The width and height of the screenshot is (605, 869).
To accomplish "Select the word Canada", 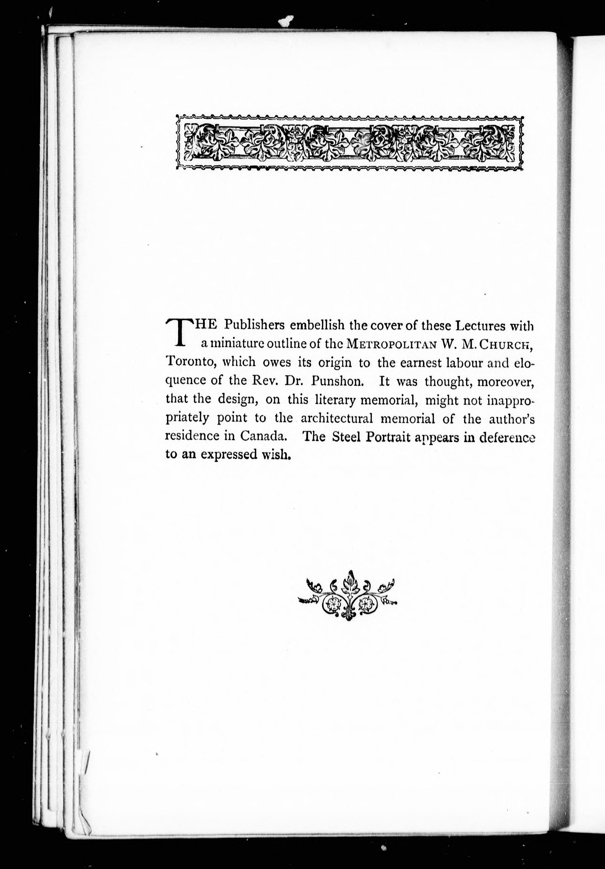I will point(263,436).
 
